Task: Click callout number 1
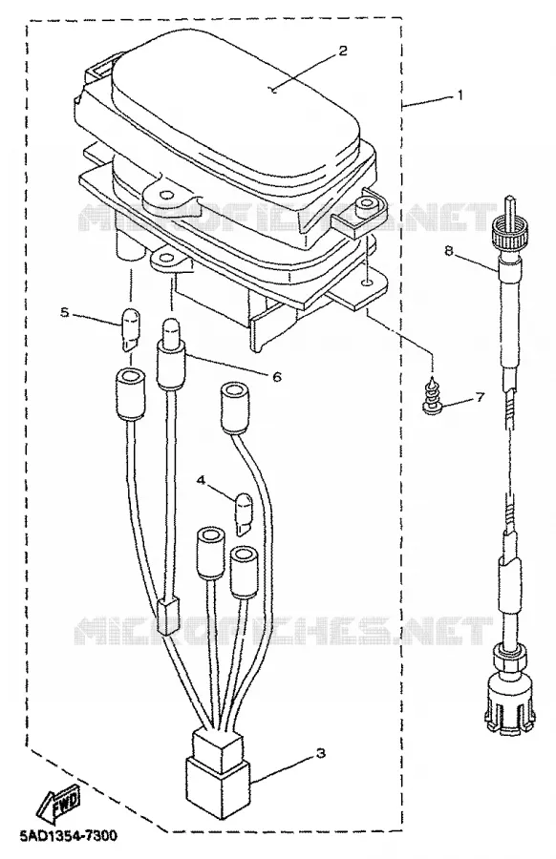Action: coord(460,94)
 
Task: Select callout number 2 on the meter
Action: coord(343,51)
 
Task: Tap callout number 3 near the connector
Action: coord(321,753)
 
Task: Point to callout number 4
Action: coord(202,480)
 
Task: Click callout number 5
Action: coord(64,313)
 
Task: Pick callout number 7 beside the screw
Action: coord(480,397)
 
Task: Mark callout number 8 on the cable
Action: coord(449,251)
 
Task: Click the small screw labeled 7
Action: coord(431,397)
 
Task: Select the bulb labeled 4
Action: coord(244,513)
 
